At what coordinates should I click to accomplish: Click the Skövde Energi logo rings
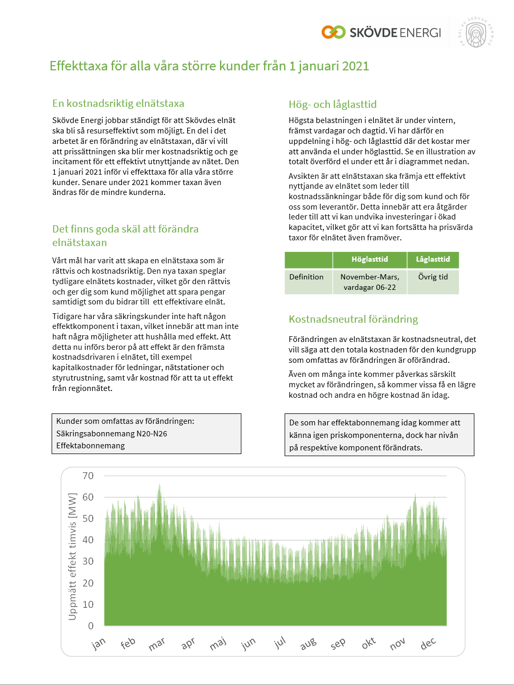[x=334, y=32]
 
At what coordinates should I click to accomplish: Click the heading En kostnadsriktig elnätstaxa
[x=118, y=103]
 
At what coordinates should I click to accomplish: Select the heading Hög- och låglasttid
[x=333, y=104]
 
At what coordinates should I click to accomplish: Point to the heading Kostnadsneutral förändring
[x=353, y=319]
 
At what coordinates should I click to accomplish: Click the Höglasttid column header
[x=370, y=259]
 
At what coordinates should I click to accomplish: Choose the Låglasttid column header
[x=433, y=259]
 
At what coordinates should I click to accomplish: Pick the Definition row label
[x=307, y=277]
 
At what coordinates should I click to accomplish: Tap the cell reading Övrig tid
[x=433, y=277]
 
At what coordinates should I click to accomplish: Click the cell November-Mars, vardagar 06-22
[x=370, y=282]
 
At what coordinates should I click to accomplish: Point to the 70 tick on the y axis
[x=88, y=475]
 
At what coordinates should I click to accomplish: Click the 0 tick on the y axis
[x=91, y=626]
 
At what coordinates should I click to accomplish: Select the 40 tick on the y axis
[x=88, y=540]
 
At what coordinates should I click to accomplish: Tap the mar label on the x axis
[x=156, y=644]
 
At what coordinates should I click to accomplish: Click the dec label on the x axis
[x=428, y=644]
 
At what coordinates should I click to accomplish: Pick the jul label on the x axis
[x=280, y=643]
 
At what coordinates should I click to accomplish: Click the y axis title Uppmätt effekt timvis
[x=72, y=556]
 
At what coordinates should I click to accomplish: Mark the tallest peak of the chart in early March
[x=160, y=486]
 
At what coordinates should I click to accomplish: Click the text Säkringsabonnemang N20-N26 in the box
[x=112, y=434]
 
